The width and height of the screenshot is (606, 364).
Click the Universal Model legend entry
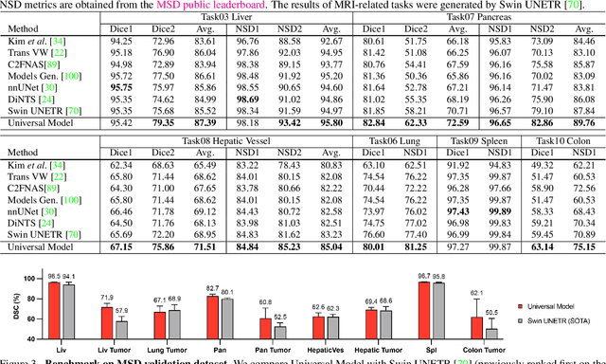(555, 306)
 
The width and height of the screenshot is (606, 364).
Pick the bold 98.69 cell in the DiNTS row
(249, 97)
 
